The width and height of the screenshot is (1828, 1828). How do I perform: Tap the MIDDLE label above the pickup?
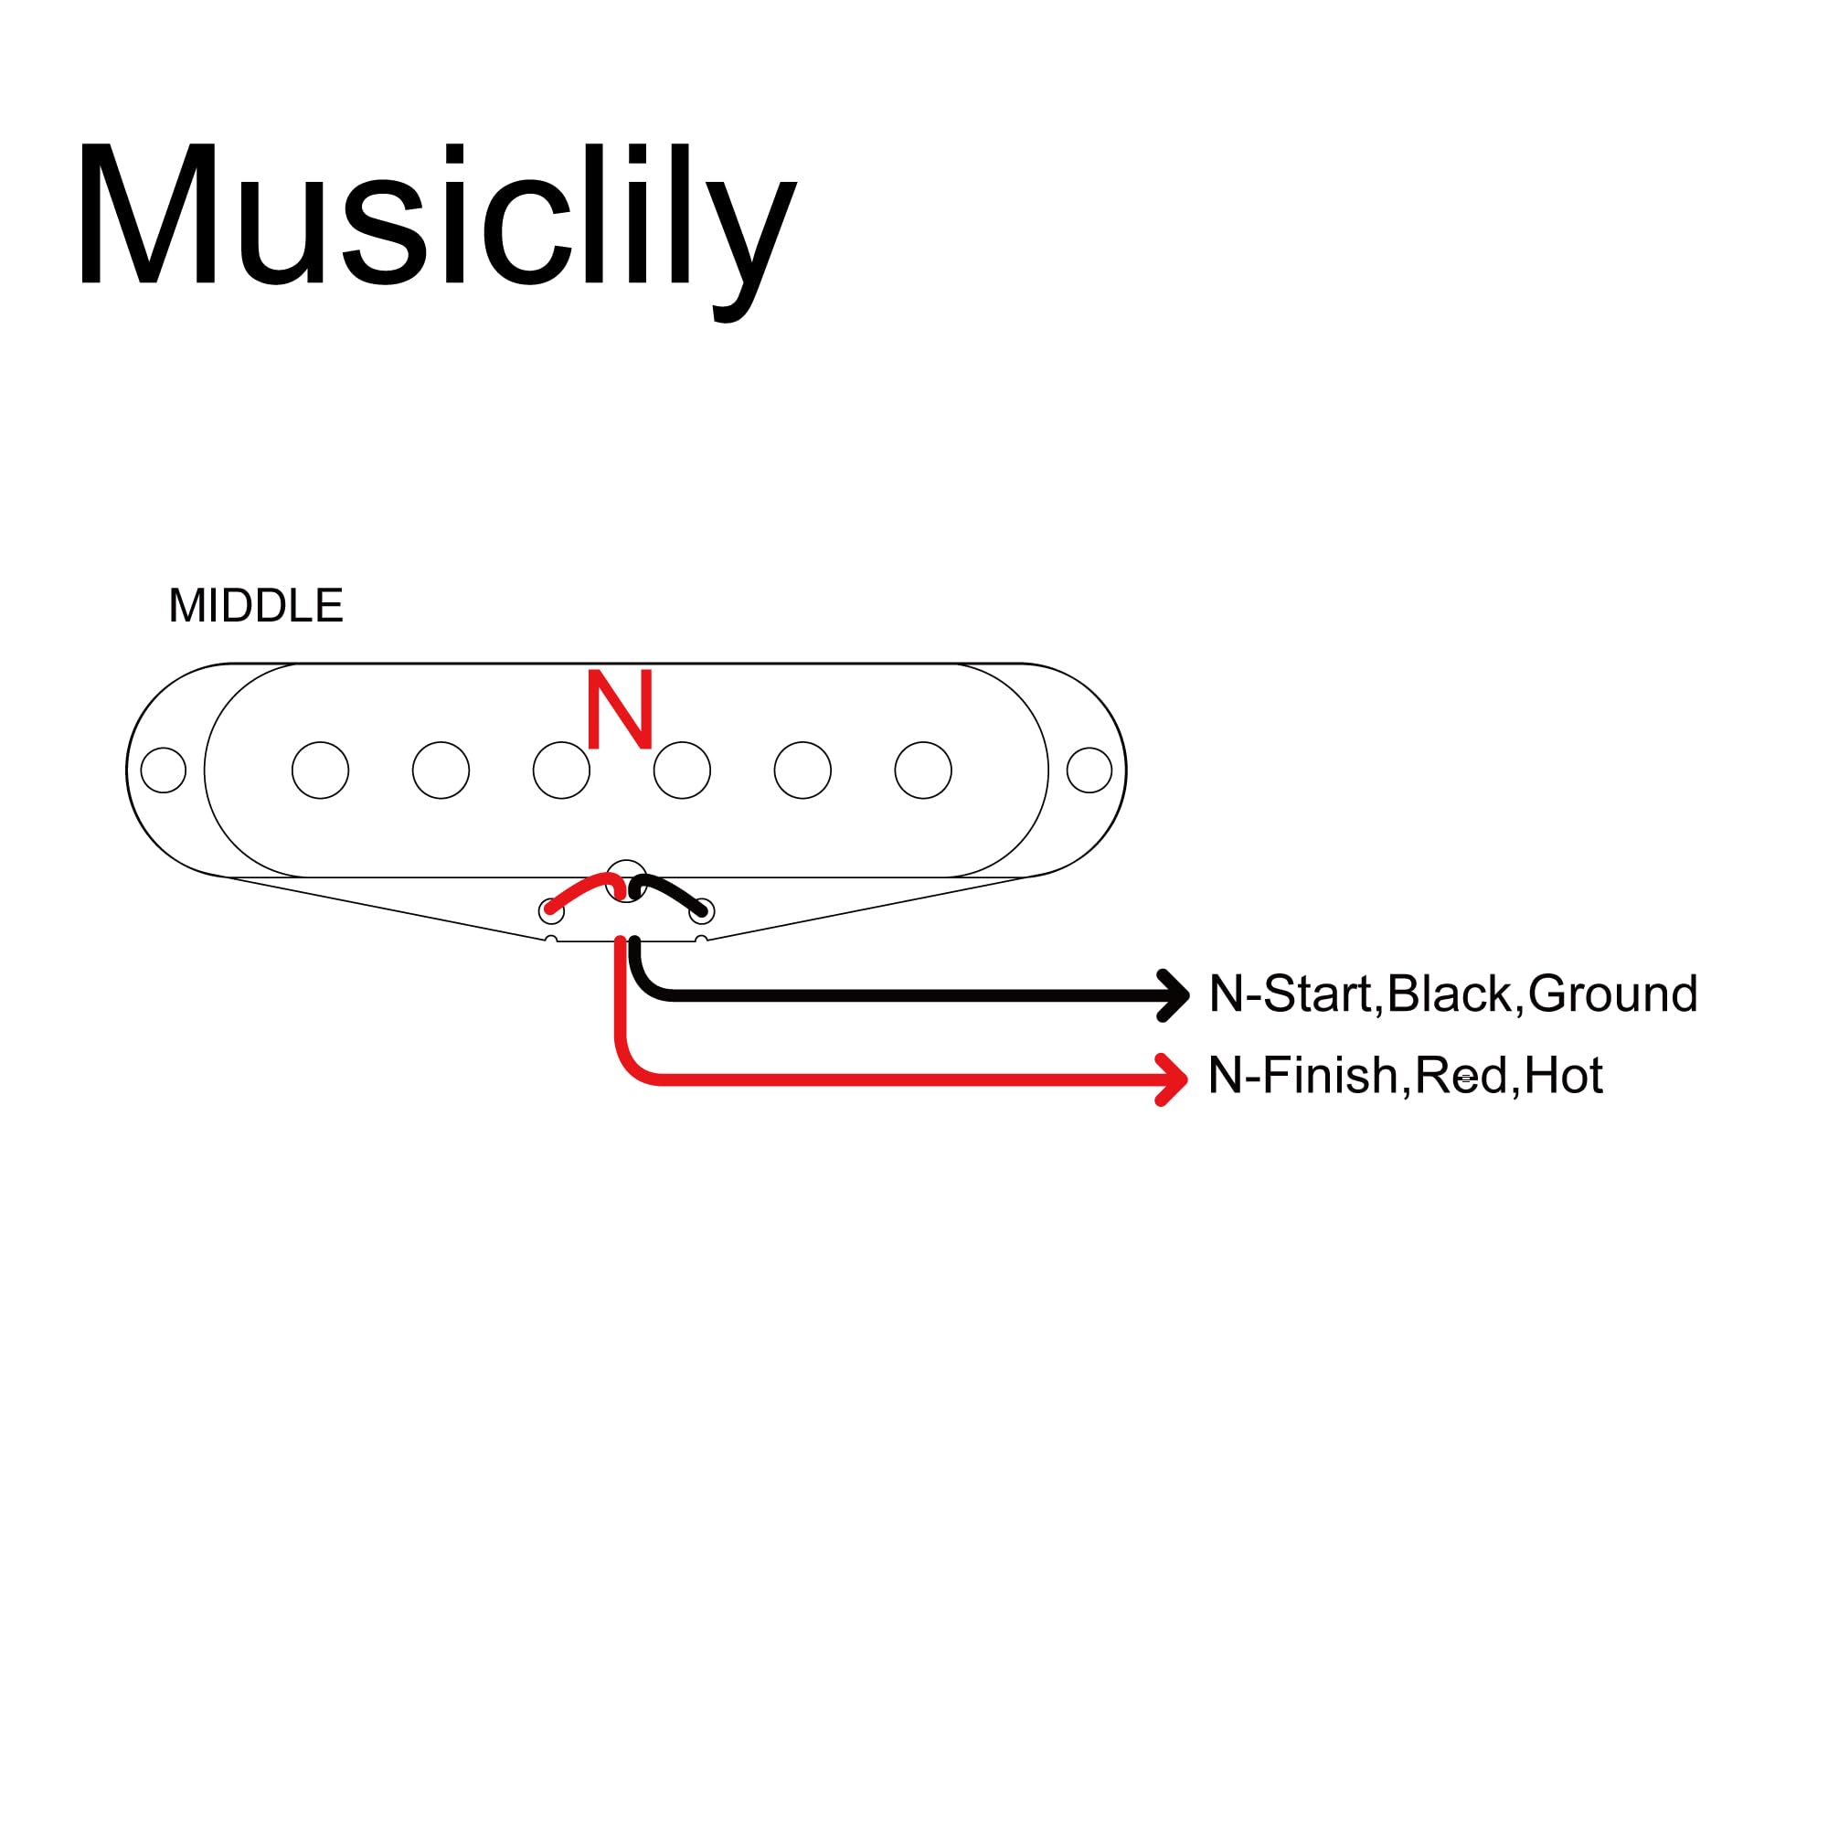pyautogui.click(x=256, y=606)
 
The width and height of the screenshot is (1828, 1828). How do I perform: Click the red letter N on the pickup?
pyautogui.click(x=620, y=709)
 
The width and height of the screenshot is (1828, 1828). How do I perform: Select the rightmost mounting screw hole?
pyautogui.click(x=1089, y=771)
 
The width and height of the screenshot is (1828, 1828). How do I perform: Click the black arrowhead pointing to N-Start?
pyautogui.click(x=1175, y=995)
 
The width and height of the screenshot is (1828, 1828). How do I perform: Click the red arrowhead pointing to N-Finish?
pyautogui.click(x=1174, y=1079)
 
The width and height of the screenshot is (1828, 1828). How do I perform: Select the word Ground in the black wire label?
pyautogui.click(x=1612, y=994)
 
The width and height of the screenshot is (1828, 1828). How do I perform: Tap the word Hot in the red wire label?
pyautogui.click(x=1563, y=1076)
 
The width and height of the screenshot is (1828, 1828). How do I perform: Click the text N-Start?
pyautogui.click(x=1291, y=994)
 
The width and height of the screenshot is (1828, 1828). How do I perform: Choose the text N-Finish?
pyautogui.click(x=1302, y=1076)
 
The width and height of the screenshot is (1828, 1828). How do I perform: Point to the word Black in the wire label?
pyautogui.click(x=1450, y=994)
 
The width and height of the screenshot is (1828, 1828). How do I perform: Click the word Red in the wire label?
pyautogui.click(x=1461, y=1076)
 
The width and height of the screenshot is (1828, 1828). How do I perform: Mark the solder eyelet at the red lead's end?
pyautogui.click(x=550, y=911)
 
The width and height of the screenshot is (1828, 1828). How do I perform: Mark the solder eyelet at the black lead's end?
pyautogui.click(x=701, y=911)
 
